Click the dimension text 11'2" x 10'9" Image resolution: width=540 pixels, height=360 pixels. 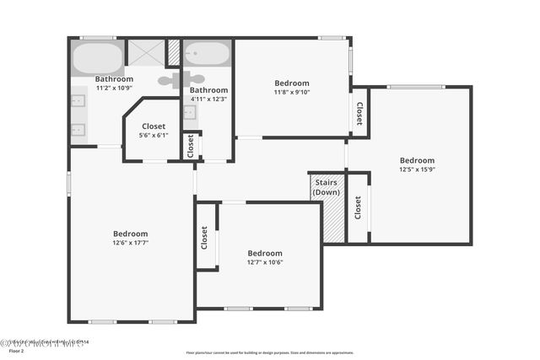(x=115, y=88)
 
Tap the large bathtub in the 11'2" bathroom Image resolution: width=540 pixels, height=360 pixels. (x=98, y=59)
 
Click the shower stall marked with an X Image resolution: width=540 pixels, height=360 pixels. (x=145, y=53)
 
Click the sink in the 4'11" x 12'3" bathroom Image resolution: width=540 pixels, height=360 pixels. (x=189, y=113)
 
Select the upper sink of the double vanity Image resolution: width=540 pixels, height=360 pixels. (x=78, y=101)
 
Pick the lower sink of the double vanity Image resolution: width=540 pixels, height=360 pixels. (x=78, y=130)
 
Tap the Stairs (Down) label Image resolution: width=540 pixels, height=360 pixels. (x=327, y=187)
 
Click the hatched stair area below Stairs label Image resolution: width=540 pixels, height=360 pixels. (x=333, y=222)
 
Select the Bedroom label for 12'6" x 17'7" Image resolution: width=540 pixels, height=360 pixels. (x=131, y=234)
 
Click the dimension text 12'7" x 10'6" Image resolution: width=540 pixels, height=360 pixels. (x=265, y=262)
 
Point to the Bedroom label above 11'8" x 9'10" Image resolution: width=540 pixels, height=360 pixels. (x=292, y=83)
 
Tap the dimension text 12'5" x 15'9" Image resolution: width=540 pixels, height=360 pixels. (x=417, y=169)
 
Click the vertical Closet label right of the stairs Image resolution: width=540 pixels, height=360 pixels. (x=358, y=207)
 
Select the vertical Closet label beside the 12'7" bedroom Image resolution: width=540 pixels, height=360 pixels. (x=204, y=237)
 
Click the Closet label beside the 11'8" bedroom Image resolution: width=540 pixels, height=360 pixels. (x=359, y=113)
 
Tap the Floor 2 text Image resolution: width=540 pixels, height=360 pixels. (x=10, y=350)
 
